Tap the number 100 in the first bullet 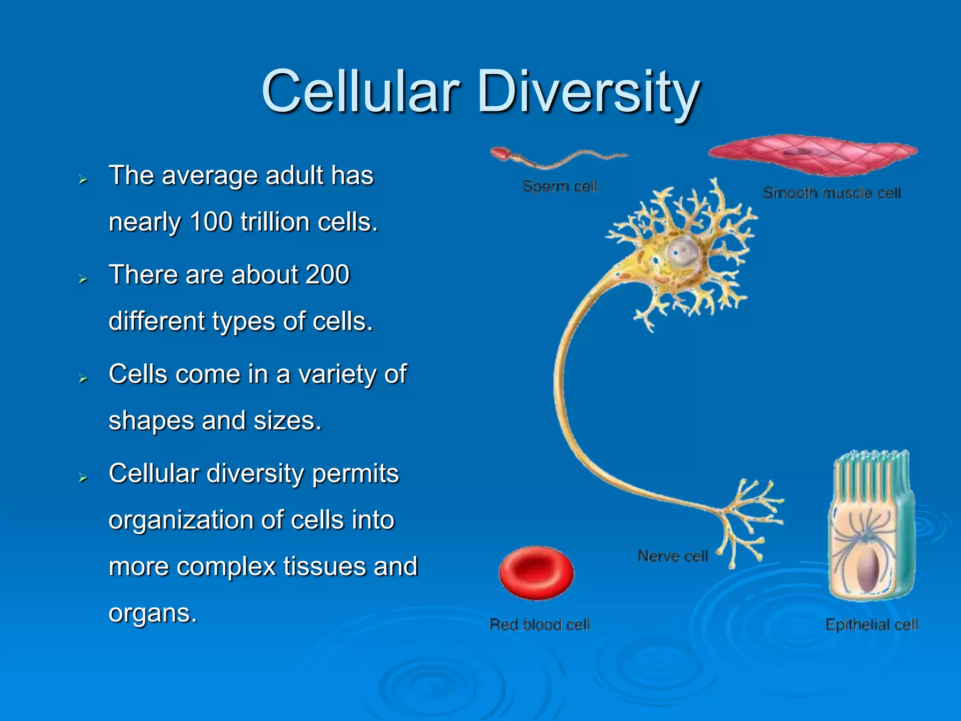click(x=211, y=222)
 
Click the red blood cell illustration click(x=536, y=572)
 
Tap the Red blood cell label click(x=539, y=625)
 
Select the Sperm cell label click(x=560, y=186)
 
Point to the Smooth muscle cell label click(x=831, y=193)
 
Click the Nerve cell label click(x=672, y=556)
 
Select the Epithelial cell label click(x=871, y=625)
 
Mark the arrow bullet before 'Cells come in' click(x=84, y=378)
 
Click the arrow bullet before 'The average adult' click(x=84, y=179)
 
